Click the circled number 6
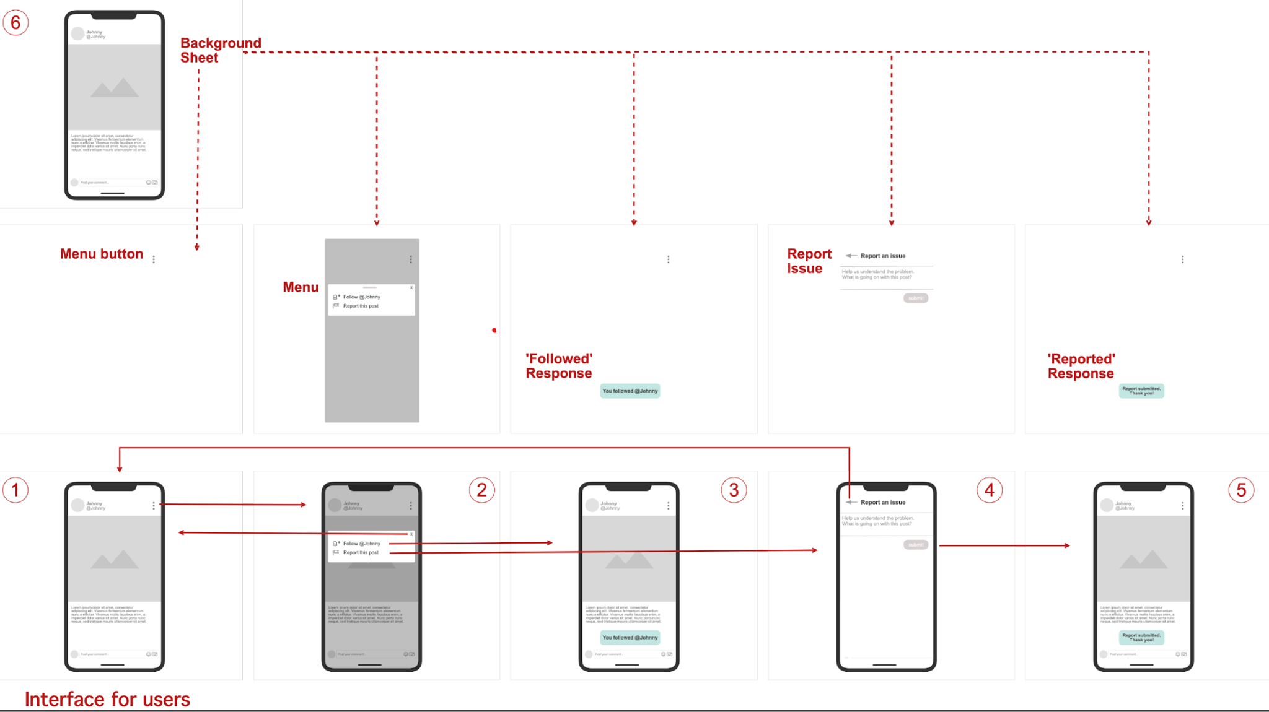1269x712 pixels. pos(16,23)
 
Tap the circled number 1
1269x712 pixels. pos(15,490)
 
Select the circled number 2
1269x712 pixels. pos(481,490)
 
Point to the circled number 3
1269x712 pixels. pos(734,490)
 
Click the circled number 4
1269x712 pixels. pos(990,490)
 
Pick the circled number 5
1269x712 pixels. pos(1241,490)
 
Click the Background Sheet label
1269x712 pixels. pos(220,50)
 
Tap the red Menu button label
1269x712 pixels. pos(102,254)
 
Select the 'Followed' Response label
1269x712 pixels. pos(559,366)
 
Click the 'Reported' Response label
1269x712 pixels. pos(1081,366)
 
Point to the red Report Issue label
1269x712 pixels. pos(809,261)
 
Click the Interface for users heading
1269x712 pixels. pos(107,699)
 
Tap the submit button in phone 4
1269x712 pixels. pos(915,545)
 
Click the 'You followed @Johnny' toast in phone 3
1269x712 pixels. pos(630,637)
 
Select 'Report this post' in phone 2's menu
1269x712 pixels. pos(361,552)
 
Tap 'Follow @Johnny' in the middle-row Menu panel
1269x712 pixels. pos(362,297)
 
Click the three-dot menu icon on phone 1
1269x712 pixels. pos(154,506)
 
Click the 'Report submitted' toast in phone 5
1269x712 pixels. pos(1141,637)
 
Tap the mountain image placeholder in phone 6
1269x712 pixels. pos(115,87)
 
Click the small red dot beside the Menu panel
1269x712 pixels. pos(494,331)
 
